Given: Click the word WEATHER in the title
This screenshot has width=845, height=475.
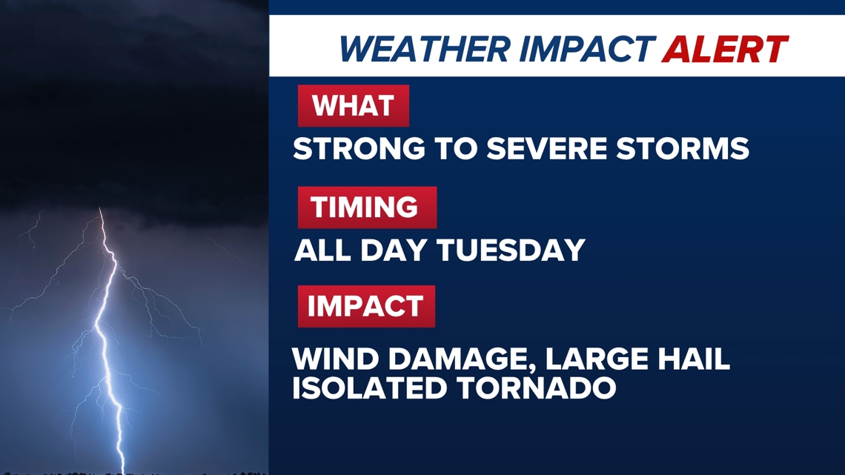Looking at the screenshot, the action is point(425,49).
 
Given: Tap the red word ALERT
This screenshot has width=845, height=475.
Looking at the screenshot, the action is point(726,49).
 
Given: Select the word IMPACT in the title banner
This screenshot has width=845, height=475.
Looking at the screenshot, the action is point(587,49).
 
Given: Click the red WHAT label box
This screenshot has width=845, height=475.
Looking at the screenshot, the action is point(354,105).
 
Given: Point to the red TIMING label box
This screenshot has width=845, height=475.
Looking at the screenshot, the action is point(367,207).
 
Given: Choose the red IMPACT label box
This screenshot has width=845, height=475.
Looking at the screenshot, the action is point(366,307).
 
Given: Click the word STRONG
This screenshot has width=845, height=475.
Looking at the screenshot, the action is point(359,149).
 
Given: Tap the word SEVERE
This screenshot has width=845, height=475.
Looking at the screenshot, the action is point(546,149).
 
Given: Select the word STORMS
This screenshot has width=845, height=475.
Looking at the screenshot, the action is point(683,149).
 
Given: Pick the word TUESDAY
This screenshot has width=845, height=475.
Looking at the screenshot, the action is point(511,250).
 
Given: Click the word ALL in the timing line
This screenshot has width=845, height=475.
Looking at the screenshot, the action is point(322,250).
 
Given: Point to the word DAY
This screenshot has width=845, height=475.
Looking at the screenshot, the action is point(394,250).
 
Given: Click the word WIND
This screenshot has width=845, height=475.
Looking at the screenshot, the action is point(335,359).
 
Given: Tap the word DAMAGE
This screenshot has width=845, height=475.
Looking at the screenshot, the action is point(461,359).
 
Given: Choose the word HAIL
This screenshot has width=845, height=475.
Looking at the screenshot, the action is point(694,359).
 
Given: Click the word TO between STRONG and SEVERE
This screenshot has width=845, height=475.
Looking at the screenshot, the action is point(456,149).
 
